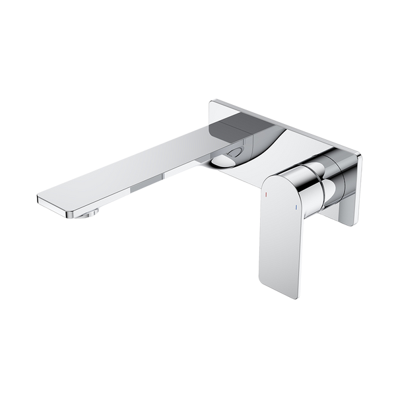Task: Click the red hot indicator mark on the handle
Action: coord(266,196)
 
